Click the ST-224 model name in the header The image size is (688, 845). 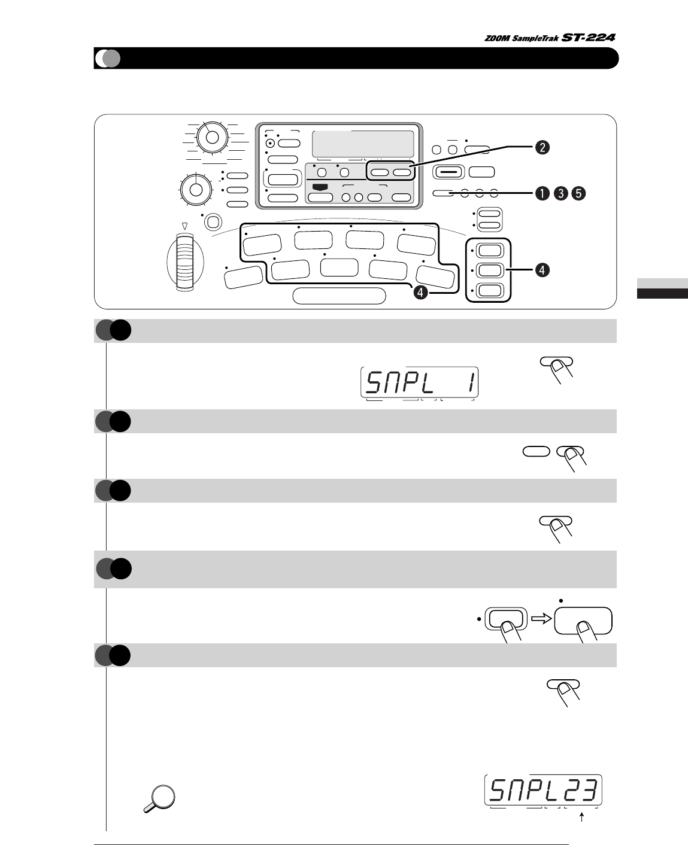click(589, 38)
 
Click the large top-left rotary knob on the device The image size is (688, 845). click(211, 136)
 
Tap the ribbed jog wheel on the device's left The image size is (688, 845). click(186, 263)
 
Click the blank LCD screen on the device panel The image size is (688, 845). click(363, 144)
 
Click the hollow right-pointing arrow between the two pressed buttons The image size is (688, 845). click(541, 620)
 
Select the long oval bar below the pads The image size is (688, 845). click(340, 296)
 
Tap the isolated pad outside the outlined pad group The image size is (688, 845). click(243, 277)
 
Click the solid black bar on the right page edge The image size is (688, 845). click(661, 293)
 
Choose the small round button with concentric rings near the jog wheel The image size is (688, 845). click(213, 223)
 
